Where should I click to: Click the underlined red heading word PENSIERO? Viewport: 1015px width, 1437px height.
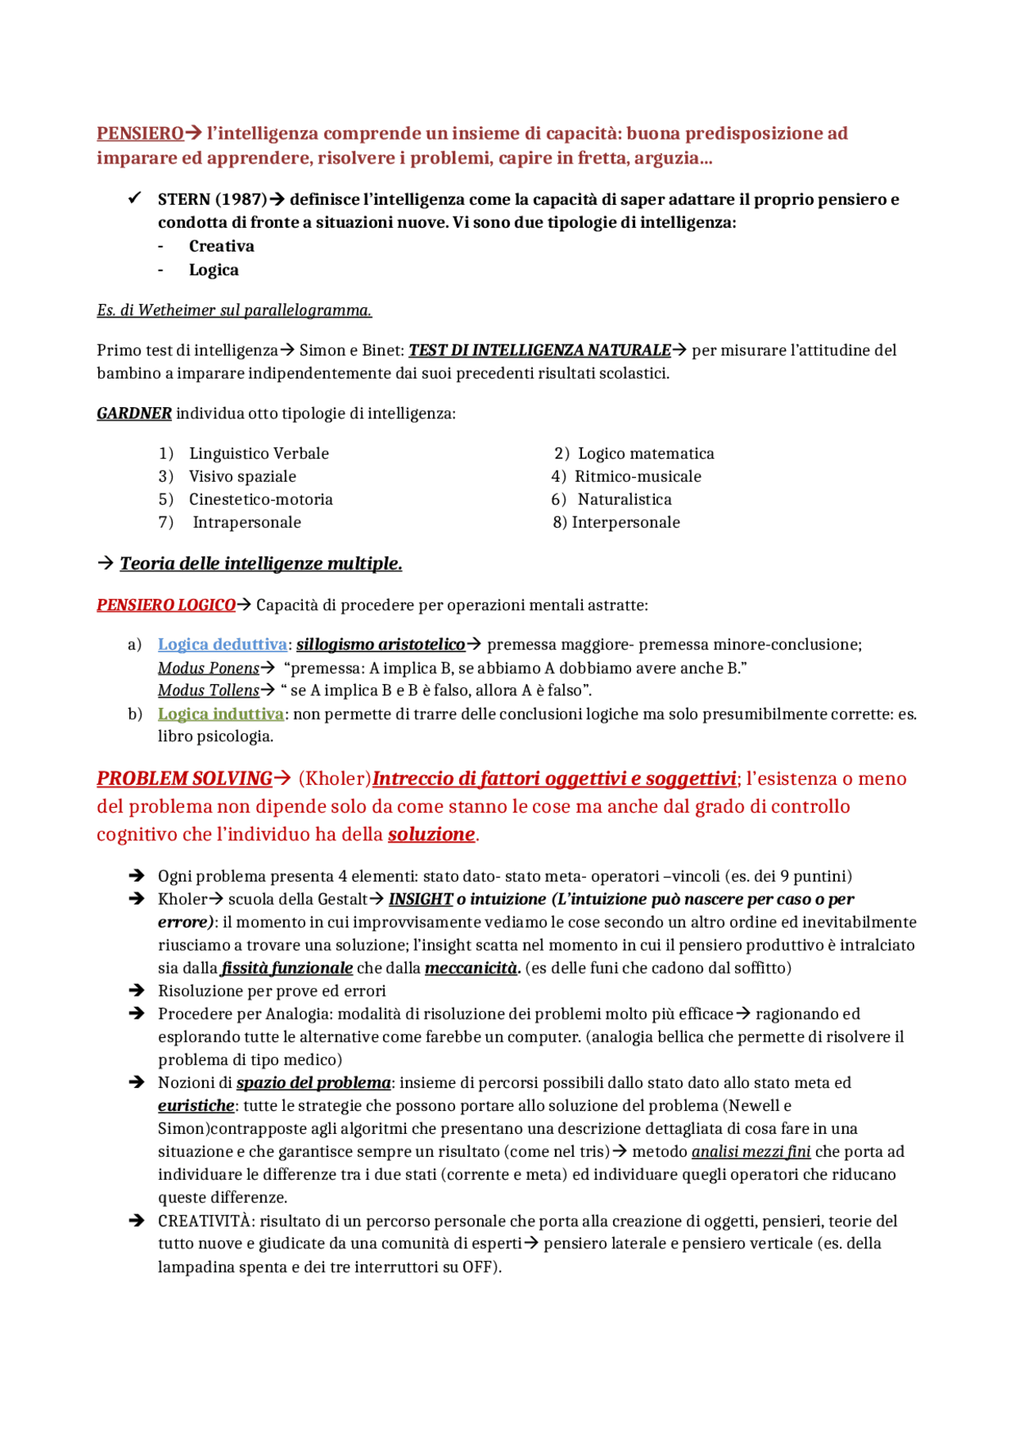(x=140, y=133)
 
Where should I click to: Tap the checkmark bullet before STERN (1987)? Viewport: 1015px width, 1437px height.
(x=135, y=198)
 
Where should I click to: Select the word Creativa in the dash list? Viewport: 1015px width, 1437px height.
(x=221, y=246)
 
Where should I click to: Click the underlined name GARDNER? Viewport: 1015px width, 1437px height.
(x=134, y=413)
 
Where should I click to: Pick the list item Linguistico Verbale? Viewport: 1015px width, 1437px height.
(x=259, y=453)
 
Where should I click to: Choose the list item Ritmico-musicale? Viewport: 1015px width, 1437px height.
(x=638, y=476)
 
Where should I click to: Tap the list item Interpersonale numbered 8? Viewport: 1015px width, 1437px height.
(x=626, y=522)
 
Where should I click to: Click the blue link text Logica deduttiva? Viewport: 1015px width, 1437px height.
(x=222, y=644)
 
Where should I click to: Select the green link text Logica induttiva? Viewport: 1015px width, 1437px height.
(x=220, y=714)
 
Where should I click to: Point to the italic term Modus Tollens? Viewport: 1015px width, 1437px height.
(x=209, y=690)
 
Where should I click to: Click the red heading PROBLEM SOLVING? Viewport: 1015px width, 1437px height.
(x=184, y=779)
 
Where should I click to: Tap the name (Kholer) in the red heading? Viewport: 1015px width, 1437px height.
(x=335, y=779)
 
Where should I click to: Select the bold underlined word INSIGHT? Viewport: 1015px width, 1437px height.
(x=420, y=899)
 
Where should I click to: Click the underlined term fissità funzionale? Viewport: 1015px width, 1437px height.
(x=287, y=968)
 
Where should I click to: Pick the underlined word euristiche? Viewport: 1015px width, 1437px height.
(x=196, y=1105)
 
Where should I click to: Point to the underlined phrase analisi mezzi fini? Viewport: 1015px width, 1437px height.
(x=751, y=1151)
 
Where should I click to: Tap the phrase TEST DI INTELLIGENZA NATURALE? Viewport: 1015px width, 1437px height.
(x=539, y=350)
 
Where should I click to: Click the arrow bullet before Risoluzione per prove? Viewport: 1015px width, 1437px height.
(x=136, y=990)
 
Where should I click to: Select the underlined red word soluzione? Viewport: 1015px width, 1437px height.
(x=431, y=835)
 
